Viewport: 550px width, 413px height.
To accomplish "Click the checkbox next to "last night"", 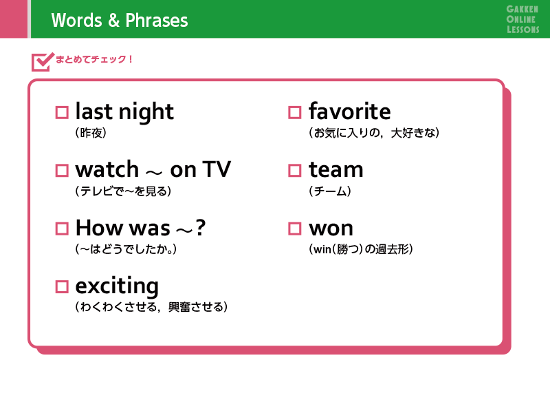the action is (x=62, y=112).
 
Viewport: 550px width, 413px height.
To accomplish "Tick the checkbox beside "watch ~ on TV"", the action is (x=62, y=170).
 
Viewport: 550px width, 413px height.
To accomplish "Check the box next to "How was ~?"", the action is (x=62, y=229).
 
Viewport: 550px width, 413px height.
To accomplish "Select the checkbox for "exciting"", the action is (x=62, y=286).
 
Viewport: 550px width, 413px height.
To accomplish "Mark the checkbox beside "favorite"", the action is (x=295, y=112).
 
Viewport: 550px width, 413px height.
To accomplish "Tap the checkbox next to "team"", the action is (x=295, y=170).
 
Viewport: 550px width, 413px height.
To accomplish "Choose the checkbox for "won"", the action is (x=295, y=229).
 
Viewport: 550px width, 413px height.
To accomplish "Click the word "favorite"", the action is (x=350, y=111).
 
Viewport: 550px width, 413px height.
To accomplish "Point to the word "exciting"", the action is (x=117, y=286).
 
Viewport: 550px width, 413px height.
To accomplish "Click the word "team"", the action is (x=336, y=169).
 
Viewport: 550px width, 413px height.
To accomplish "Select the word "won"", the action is (x=331, y=229).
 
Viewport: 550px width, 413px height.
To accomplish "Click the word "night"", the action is (x=146, y=112).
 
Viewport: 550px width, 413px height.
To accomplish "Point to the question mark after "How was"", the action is (x=201, y=227).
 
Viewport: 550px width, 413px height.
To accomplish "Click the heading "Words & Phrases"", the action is (x=120, y=20).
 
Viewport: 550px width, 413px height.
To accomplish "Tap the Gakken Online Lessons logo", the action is (x=522, y=19).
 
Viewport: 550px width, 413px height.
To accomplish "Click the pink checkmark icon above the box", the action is (x=43, y=62).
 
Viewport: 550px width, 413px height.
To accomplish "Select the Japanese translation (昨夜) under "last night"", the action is (x=91, y=133).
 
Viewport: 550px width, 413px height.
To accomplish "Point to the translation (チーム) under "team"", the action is (x=330, y=191).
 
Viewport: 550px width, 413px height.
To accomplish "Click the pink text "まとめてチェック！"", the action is (x=94, y=59).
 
